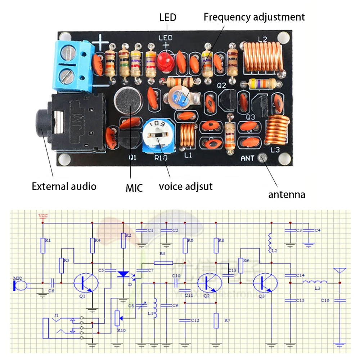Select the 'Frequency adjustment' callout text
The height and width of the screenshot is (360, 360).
click(x=254, y=17)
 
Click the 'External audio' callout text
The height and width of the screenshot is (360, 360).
click(x=64, y=186)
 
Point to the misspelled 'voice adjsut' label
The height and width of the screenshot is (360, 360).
click(x=186, y=186)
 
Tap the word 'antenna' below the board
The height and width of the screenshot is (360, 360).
click(x=287, y=195)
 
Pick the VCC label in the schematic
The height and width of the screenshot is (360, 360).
click(x=43, y=216)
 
